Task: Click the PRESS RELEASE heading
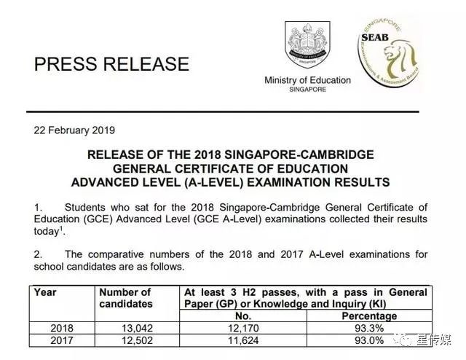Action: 111,63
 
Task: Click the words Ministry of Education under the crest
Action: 307,80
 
